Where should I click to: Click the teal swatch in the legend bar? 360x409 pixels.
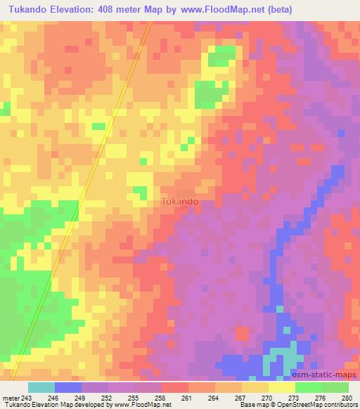(x=41, y=387)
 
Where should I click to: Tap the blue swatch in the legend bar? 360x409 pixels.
(x=68, y=387)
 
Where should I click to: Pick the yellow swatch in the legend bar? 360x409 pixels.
(x=282, y=387)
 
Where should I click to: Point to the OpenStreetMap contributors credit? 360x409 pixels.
(x=323, y=405)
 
